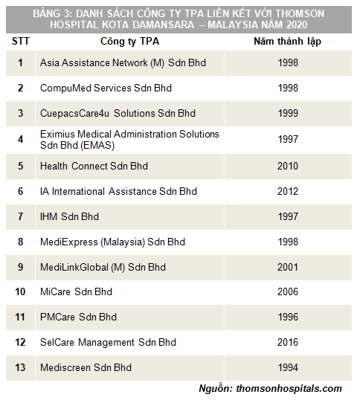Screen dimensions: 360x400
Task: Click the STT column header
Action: [21, 42]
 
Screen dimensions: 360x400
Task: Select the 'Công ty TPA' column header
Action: [129, 42]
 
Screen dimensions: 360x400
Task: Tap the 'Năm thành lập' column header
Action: [288, 42]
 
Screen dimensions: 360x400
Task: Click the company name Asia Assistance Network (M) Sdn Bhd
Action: [123, 62]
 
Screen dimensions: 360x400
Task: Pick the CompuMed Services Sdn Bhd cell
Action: [106, 88]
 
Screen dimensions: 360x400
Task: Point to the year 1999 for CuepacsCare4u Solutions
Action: [288, 113]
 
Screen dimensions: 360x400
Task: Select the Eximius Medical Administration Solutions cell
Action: [129, 140]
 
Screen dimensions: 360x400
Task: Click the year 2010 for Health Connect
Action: [288, 166]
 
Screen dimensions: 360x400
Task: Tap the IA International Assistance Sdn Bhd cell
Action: [119, 191]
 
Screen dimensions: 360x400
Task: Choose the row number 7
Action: [20, 216]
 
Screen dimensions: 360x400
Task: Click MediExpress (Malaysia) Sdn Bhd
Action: [112, 242]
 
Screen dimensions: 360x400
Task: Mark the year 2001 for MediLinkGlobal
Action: [288, 267]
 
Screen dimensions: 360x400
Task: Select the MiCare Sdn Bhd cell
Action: [76, 292]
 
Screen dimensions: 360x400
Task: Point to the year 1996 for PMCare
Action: [288, 317]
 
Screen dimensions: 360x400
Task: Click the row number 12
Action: [20, 342]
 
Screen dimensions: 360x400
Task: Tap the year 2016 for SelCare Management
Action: [288, 342]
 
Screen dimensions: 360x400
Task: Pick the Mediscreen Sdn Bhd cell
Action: [86, 367]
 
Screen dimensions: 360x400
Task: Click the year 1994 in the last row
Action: [288, 367]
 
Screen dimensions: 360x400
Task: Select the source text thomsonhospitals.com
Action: [289, 389]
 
